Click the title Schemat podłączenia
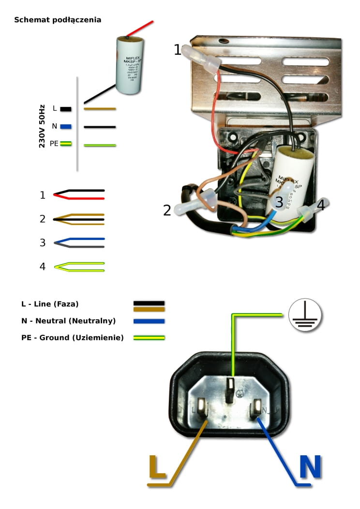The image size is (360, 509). [58, 20]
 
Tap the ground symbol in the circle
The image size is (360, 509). [305, 315]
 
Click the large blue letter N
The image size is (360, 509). [310, 467]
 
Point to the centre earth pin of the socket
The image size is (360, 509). [231, 389]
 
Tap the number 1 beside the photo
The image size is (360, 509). [178, 49]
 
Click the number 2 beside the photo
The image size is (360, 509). [167, 210]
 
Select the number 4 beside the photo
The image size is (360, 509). [320, 205]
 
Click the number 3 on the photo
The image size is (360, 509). [279, 202]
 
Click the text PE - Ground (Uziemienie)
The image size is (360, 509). [69, 337]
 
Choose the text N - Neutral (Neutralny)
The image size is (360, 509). [68, 321]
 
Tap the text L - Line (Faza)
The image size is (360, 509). [50, 304]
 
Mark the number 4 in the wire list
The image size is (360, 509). [43, 266]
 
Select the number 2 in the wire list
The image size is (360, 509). [43, 219]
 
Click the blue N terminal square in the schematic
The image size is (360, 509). [66, 126]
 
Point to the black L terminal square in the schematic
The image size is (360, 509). [66, 109]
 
